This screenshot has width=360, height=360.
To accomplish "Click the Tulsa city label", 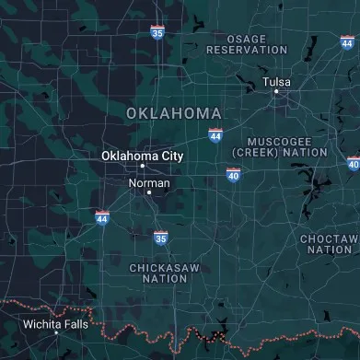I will [276, 82].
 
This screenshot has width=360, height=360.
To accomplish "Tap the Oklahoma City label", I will [142, 156].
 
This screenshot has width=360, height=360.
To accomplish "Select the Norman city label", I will [148, 183].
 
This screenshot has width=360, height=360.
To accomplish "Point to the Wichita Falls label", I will [55, 323].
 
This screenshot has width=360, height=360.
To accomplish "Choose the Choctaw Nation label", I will [330, 244].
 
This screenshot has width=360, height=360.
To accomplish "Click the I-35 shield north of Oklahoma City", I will [157, 32].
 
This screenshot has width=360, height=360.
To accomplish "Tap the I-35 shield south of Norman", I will [160, 238].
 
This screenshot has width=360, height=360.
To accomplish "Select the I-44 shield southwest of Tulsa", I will [215, 135].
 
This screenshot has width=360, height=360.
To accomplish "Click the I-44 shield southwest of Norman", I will [102, 217].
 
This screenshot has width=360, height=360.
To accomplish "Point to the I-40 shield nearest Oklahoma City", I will [234, 173].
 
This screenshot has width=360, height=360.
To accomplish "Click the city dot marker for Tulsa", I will [276, 92].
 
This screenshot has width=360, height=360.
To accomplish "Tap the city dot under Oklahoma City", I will [142, 167].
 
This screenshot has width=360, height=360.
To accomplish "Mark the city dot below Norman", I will [149, 192].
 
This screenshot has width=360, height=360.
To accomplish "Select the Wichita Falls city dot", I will [56, 333].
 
